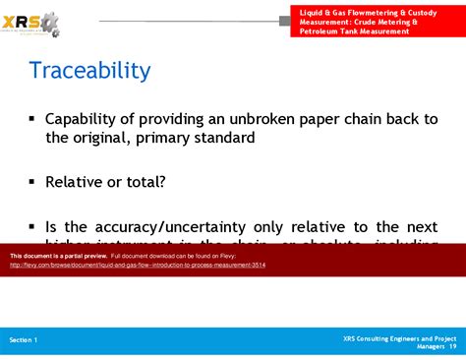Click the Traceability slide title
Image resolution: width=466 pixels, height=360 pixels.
89,71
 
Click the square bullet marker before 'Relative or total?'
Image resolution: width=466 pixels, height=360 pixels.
32,181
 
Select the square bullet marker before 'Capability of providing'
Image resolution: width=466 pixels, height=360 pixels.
32,118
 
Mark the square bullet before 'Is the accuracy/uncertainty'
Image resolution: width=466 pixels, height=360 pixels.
32,224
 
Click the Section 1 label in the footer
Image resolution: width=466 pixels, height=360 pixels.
24,339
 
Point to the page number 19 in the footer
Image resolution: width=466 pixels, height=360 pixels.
452,345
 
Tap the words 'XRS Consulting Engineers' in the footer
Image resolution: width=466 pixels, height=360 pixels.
384,336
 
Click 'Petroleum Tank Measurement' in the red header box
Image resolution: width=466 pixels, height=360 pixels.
355,30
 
